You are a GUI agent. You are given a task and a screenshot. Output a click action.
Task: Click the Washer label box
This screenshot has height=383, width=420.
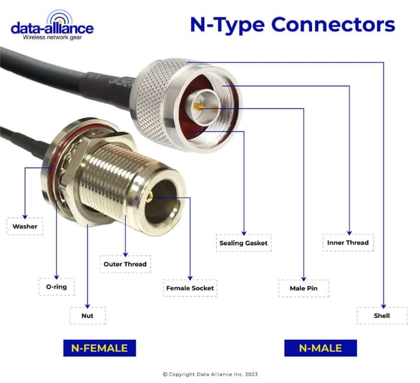[x=25, y=227]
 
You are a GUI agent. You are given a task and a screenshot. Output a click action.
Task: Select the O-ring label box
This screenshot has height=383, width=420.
[x=56, y=287]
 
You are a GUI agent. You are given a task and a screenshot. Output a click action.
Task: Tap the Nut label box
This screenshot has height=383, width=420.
[x=88, y=315]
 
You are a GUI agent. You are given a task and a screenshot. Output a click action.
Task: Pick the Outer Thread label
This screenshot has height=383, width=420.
[x=124, y=264]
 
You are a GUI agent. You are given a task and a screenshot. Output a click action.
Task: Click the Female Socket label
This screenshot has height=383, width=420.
[x=190, y=288]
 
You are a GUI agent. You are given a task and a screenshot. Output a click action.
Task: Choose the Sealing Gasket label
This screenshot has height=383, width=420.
[x=243, y=243]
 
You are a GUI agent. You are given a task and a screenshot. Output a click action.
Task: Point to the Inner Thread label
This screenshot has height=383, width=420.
[x=348, y=243]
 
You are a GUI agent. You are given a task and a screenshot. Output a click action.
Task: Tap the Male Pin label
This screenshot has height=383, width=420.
[x=304, y=288]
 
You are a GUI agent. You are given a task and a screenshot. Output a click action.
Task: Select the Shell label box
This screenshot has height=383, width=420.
[x=382, y=315]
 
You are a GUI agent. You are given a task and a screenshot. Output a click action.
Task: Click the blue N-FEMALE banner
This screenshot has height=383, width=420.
[x=100, y=348]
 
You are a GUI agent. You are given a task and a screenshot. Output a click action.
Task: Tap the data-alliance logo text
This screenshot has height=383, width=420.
[x=52, y=28]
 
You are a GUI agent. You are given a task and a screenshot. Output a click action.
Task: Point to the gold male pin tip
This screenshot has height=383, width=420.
[x=200, y=108]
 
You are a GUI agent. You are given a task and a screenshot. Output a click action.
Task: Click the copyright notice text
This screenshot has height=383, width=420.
[x=211, y=375]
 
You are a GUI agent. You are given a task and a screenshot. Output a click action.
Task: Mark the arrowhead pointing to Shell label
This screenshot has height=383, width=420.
[x=383, y=304]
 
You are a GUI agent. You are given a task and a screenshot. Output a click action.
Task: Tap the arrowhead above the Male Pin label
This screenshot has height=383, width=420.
[x=304, y=277]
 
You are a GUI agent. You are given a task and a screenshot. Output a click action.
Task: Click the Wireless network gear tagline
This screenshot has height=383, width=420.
[x=52, y=38]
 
